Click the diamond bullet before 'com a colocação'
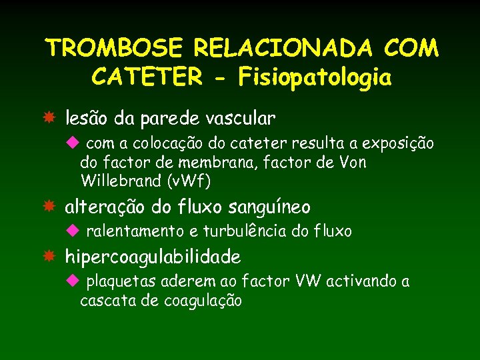pyautogui.click(x=73, y=143)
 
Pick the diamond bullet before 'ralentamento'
pyautogui.click(x=73, y=231)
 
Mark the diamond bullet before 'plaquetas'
pyautogui.click(x=73, y=281)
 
